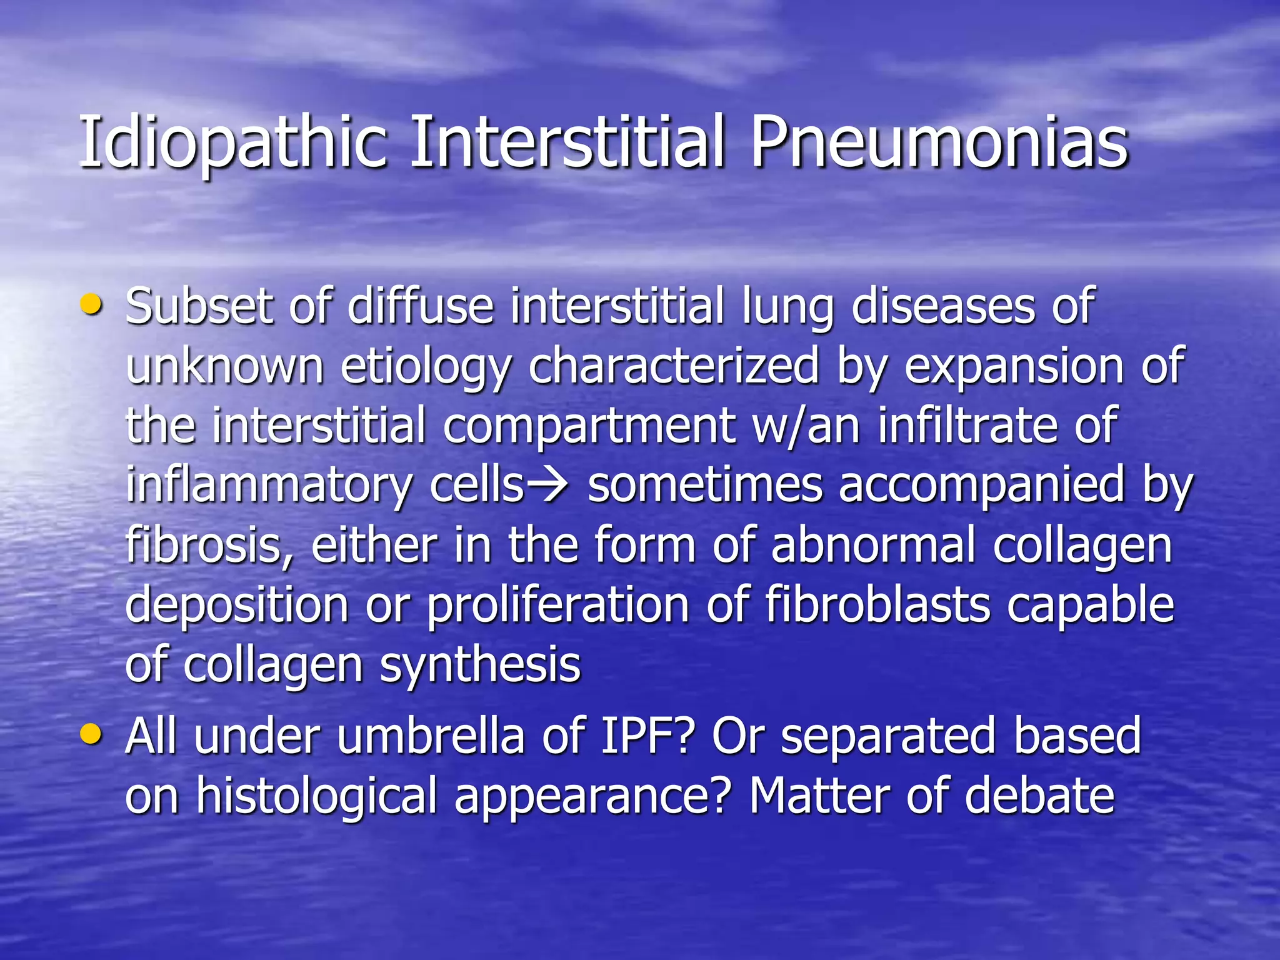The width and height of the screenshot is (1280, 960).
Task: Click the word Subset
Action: click(199, 306)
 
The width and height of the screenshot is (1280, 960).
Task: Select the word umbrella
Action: click(431, 736)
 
